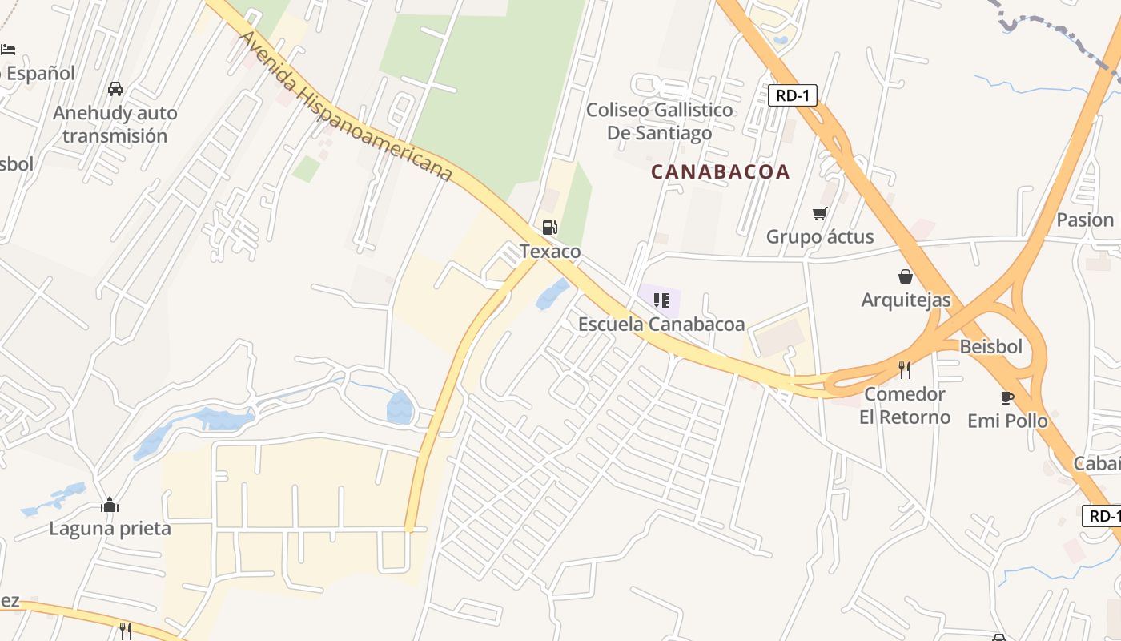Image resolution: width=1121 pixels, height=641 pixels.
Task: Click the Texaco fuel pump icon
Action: point(549,228)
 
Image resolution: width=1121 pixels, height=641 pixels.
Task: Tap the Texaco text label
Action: point(550,252)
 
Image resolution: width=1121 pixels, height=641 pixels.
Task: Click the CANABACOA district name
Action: point(720,171)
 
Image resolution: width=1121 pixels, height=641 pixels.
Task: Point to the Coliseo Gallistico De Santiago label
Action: point(659,121)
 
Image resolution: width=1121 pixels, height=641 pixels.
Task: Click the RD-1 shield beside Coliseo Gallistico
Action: point(792,95)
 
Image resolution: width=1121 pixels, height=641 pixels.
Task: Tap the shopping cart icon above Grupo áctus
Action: point(819,213)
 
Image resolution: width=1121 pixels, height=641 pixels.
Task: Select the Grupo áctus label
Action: point(820,236)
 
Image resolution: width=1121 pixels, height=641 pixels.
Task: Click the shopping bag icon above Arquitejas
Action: point(906,276)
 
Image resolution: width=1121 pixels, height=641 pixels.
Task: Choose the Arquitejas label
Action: point(906,300)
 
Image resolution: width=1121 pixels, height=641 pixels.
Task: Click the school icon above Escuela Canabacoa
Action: point(661,300)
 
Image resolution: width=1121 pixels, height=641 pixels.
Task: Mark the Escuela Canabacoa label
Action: point(661,324)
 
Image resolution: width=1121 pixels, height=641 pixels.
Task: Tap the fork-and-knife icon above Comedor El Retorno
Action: point(905,369)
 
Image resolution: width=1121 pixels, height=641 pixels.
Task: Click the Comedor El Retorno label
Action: point(905,405)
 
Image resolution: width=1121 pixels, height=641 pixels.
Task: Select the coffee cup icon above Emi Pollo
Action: point(1007,397)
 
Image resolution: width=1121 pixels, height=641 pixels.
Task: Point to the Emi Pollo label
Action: point(1007,420)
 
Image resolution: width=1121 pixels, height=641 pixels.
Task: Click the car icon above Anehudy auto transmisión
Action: point(115,89)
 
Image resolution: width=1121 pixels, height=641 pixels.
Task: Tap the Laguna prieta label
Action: point(110,528)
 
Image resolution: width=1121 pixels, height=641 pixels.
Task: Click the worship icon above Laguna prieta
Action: point(110,505)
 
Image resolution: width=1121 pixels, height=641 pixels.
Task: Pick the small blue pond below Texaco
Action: point(552,294)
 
